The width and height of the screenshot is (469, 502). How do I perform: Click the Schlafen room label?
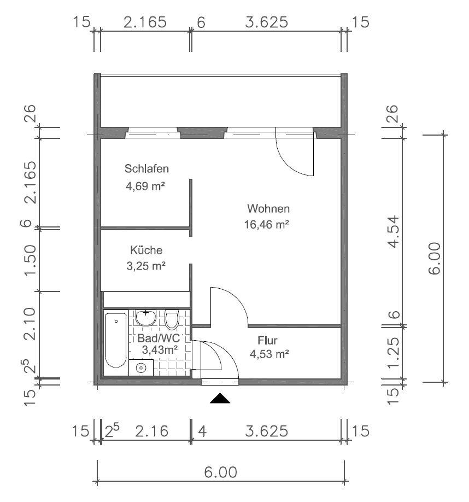146,169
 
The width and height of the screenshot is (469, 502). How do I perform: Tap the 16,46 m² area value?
267,224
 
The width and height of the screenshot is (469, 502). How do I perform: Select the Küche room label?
146,250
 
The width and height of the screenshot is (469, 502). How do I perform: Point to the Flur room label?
267,340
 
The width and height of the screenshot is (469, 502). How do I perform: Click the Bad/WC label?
159,338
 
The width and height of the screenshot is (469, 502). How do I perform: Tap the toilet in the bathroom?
172,319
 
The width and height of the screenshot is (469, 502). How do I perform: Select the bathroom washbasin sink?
146,318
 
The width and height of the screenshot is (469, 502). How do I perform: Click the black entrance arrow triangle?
220,398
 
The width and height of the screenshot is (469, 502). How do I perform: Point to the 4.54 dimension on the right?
394,231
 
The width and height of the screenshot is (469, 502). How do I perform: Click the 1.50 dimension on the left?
31,260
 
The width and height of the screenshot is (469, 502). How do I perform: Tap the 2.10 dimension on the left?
31,324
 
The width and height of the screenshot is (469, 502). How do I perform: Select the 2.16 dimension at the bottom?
151,431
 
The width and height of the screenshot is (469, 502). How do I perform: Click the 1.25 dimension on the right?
394,352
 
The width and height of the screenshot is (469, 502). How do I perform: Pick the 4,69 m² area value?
145,186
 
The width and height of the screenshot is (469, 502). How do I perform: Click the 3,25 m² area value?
146,266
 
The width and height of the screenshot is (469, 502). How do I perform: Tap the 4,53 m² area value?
269,354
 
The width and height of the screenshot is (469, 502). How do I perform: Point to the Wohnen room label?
268,209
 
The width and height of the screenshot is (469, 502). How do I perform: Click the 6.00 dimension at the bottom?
220,472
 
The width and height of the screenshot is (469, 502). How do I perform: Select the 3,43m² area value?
160,350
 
